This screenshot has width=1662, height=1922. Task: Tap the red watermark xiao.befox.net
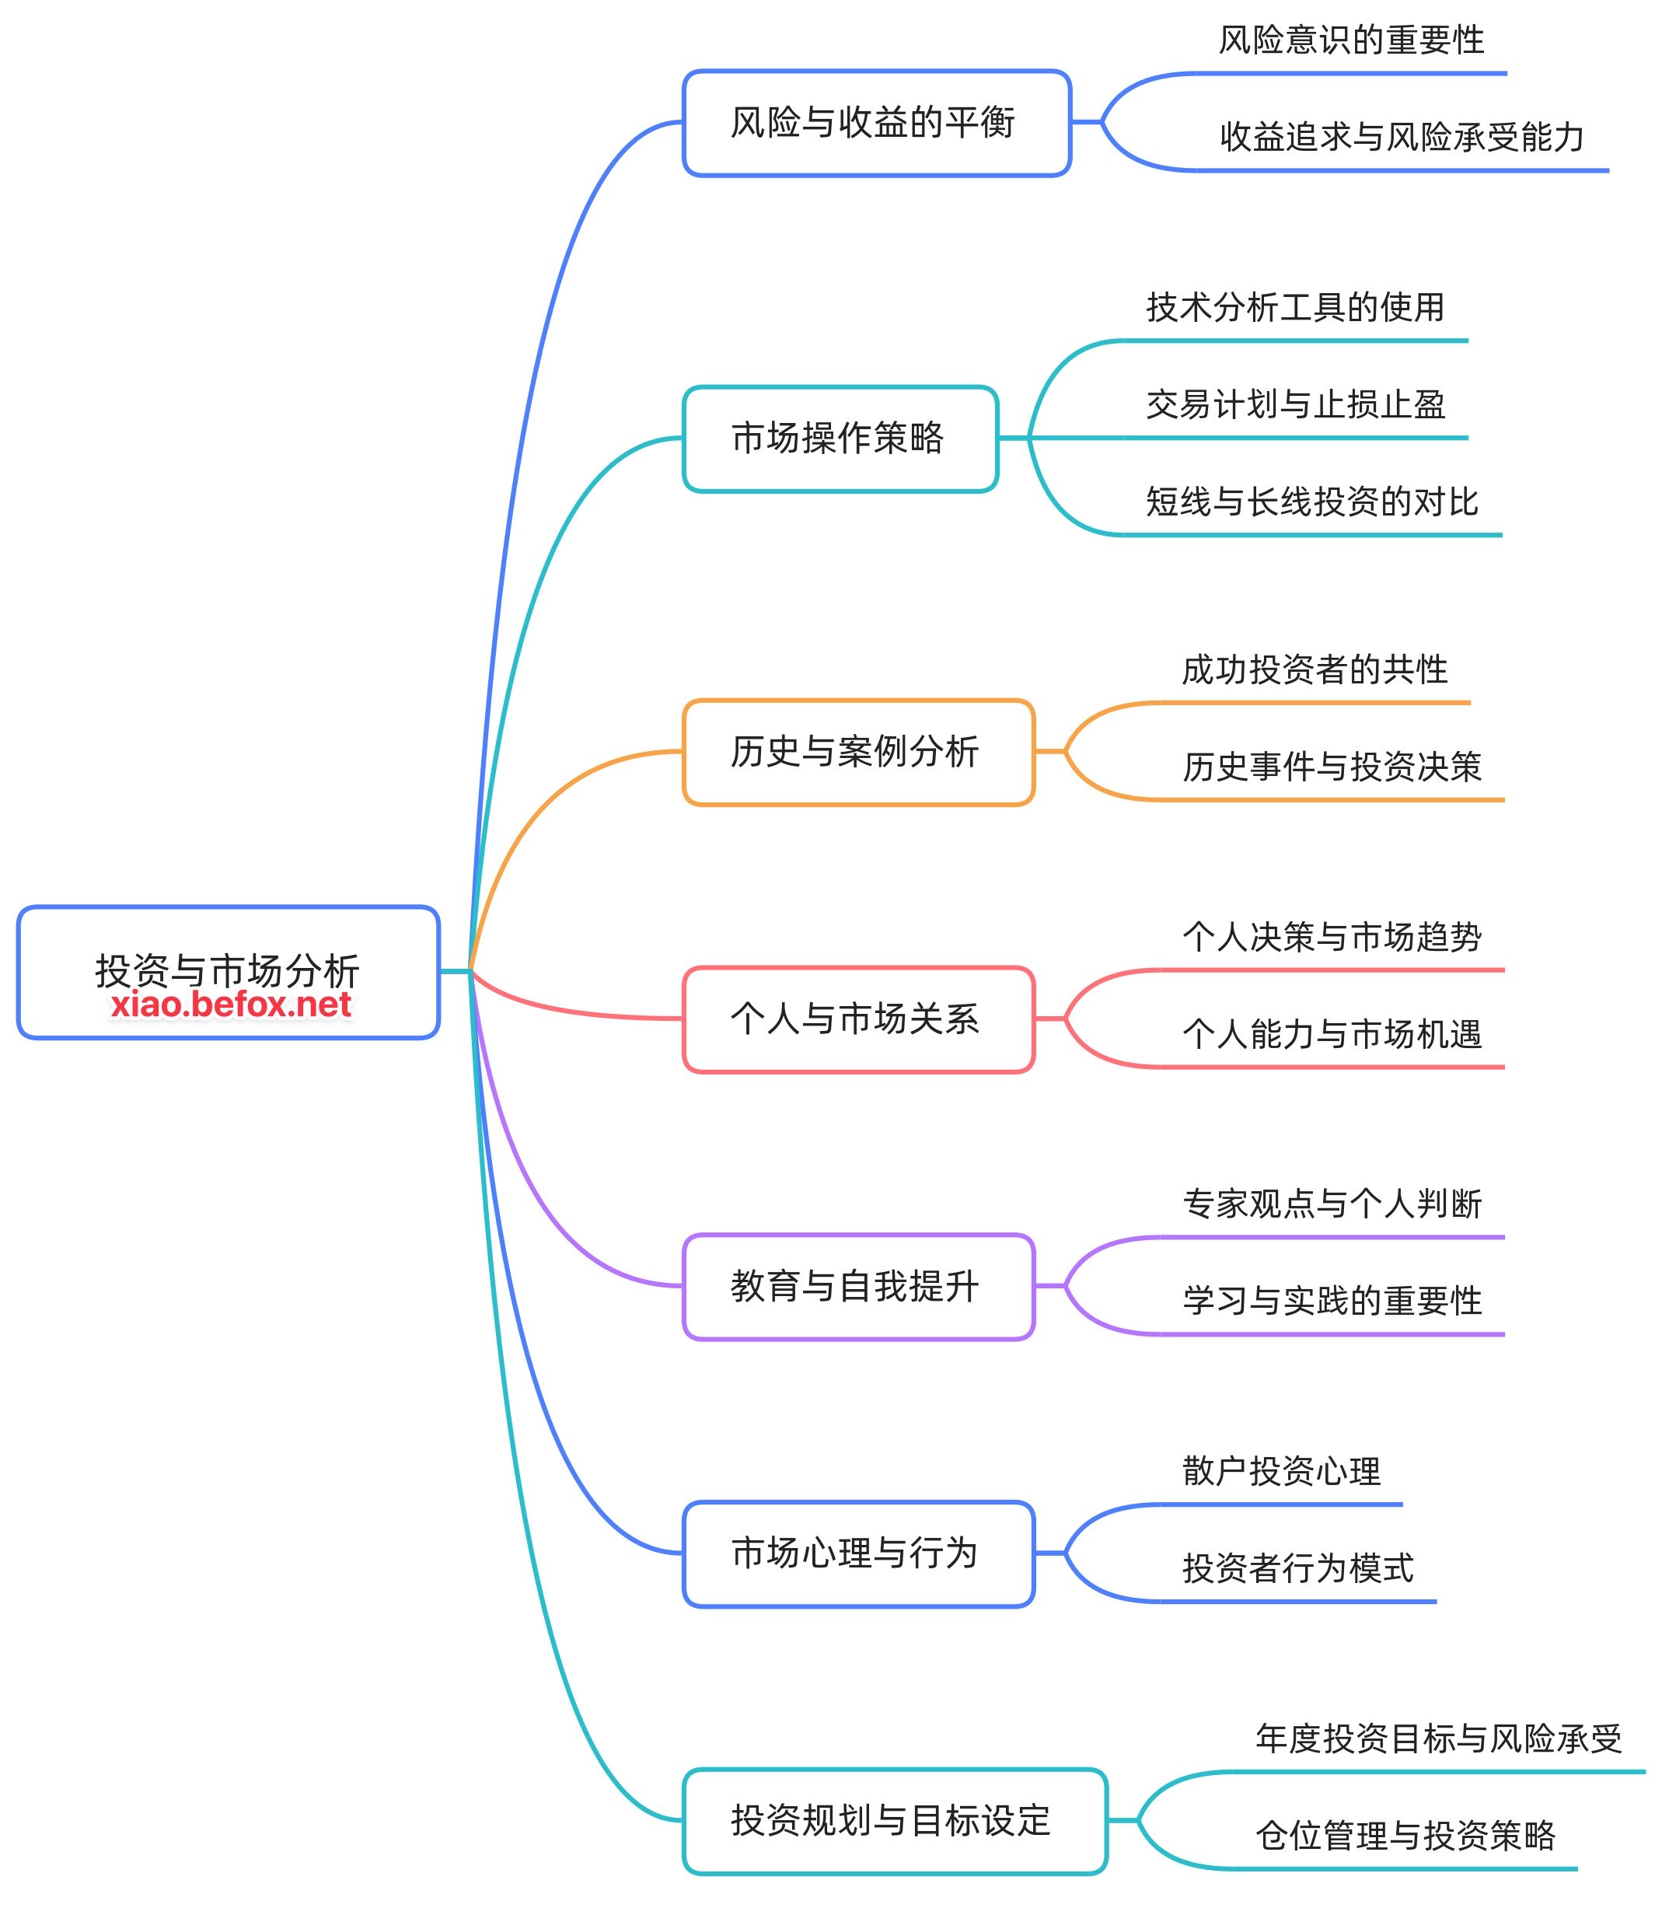(x=231, y=1005)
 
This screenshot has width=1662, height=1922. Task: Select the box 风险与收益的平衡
(x=876, y=122)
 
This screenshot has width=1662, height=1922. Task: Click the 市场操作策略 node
(x=840, y=438)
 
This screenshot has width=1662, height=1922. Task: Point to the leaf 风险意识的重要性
(x=1350, y=40)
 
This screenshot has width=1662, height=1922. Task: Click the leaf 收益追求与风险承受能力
(x=1402, y=138)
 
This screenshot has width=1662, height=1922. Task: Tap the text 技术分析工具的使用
(x=1295, y=307)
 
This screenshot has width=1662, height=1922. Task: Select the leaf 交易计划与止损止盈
(x=1295, y=404)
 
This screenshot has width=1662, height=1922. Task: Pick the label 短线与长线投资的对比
(x=1311, y=501)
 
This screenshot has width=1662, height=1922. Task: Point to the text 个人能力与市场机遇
(x=1332, y=1034)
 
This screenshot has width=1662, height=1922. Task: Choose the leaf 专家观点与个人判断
(x=1332, y=1204)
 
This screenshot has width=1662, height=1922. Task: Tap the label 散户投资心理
(x=1281, y=1471)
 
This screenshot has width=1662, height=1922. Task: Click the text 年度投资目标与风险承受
(x=1438, y=1739)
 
